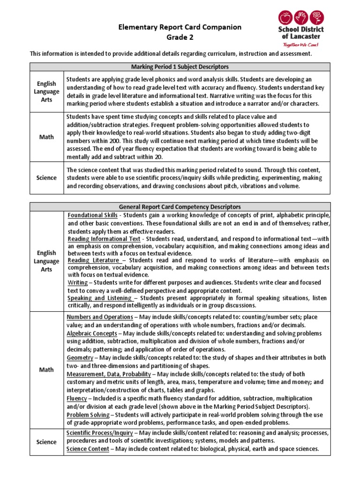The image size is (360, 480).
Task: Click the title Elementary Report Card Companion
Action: (x=180, y=27)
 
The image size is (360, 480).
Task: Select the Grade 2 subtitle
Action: (x=180, y=37)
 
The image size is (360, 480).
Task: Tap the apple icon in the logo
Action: (x=285, y=18)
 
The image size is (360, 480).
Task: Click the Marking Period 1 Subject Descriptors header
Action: (x=180, y=67)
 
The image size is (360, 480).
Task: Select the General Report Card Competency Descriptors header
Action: (x=180, y=206)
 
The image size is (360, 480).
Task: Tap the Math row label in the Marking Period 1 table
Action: (x=46, y=136)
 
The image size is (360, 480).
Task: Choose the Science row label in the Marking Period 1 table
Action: (x=46, y=178)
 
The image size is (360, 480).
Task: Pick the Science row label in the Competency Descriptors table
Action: (x=46, y=442)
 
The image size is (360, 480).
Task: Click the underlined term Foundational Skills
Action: (x=92, y=215)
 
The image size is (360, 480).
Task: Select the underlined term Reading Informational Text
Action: (x=104, y=239)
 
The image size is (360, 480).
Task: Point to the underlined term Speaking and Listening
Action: (x=99, y=298)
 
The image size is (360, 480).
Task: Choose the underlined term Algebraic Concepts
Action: (x=91, y=333)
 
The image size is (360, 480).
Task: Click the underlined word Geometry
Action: (x=80, y=358)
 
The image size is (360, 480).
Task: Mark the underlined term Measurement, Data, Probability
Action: (x=109, y=374)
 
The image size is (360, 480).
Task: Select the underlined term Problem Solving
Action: (x=87, y=415)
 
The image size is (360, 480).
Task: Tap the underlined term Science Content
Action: (x=88, y=449)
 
